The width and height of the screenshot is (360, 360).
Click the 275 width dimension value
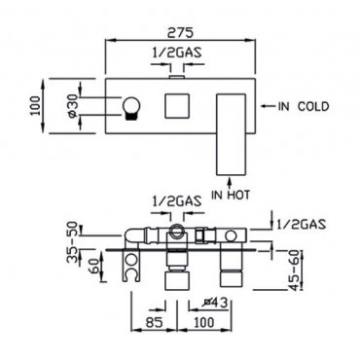(x=180, y=32)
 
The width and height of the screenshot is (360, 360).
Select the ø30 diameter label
(x=72, y=106)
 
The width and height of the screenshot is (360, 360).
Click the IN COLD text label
(x=304, y=106)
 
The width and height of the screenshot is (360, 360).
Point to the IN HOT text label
(x=231, y=195)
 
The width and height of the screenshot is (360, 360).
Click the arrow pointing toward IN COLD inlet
(x=268, y=106)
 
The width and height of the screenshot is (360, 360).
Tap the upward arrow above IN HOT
(x=230, y=183)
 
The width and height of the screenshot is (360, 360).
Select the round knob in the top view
(x=131, y=108)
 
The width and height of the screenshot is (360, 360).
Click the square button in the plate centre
(x=177, y=106)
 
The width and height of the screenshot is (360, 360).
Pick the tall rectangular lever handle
(x=231, y=135)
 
